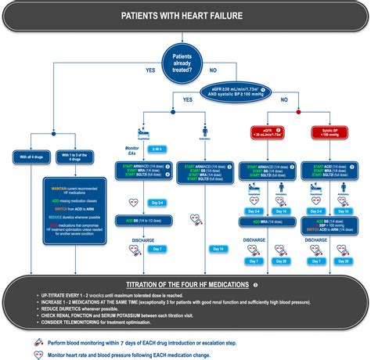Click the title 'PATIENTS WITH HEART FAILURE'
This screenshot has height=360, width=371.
tap(185, 16)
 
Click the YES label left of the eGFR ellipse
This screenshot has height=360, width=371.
tap(186, 99)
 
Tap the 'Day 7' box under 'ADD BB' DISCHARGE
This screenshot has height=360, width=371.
tap(157, 249)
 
